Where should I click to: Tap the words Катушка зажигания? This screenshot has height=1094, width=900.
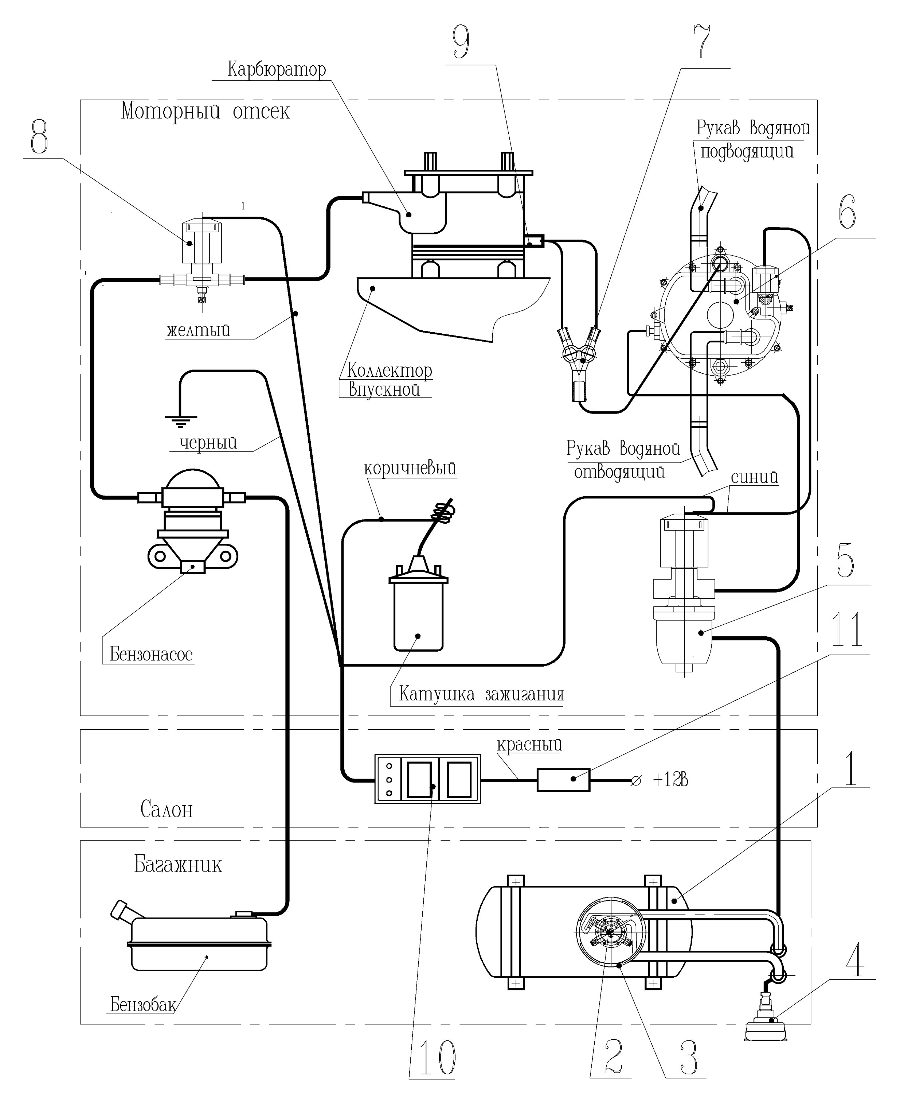(x=481, y=694)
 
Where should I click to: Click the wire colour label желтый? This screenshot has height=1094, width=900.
(x=199, y=330)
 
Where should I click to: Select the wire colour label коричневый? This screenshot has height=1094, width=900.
(x=410, y=468)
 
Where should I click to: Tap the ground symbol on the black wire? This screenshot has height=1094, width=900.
(x=180, y=420)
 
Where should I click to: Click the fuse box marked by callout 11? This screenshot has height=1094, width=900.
(x=563, y=780)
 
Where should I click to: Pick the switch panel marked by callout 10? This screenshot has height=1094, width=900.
(x=428, y=779)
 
